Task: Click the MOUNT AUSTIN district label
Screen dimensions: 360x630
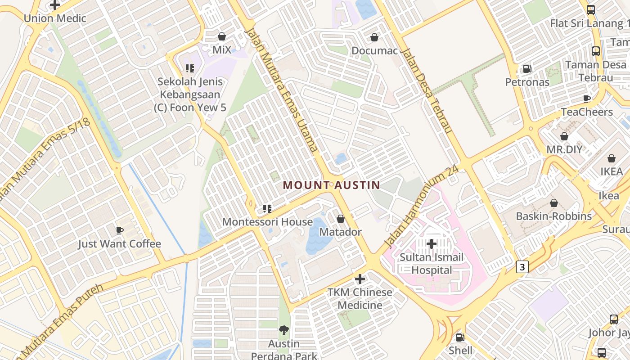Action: pyautogui.click(x=332, y=185)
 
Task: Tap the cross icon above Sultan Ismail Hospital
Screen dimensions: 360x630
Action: pyautogui.click(x=432, y=244)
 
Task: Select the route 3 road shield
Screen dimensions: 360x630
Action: pyautogui.click(x=522, y=267)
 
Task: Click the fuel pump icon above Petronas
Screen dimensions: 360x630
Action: pyautogui.click(x=527, y=69)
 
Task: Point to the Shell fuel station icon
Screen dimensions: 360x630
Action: pyautogui.click(x=460, y=337)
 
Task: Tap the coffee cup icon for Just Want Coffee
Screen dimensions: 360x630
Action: pyautogui.click(x=120, y=230)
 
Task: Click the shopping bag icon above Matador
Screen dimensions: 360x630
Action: pyautogui.click(x=341, y=219)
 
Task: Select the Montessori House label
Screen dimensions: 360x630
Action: pyautogui.click(x=267, y=222)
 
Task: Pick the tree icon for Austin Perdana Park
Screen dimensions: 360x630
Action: pyautogui.click(x=284, y=331)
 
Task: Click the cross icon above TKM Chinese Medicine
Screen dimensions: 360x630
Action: pyautogui.click(x=360, y=279)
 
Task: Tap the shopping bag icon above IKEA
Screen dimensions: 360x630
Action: pyautogui.click(x=612, y=158)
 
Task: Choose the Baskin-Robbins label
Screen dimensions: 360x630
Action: pyautogui.click(x=553, y=216)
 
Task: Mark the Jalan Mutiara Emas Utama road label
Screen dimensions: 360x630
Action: pyautogui.click(x=282, y=90)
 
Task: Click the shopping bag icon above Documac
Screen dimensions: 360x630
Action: pyautogui.click(x=374, y=37)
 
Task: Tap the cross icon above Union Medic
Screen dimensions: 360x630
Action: pyautogui.click(x=55, y=5)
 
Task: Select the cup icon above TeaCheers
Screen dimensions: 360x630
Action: pyautogui.click(x=587, y=99)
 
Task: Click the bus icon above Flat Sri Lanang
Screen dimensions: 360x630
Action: pyautogui.click(x=591, y=10)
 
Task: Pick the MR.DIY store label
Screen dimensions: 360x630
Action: pyautogui.click(x=564, y=149)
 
